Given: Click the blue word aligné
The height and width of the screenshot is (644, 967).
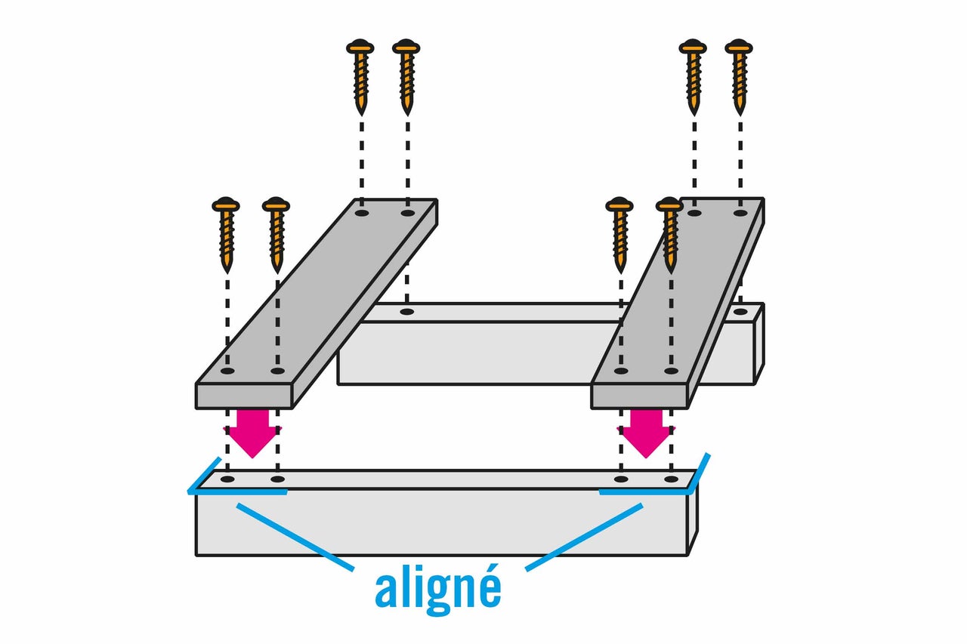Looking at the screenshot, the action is tap(438, 590).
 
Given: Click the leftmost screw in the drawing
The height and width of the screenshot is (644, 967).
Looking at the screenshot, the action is tap(226, 235).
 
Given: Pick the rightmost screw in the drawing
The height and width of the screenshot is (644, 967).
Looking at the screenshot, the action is tap(739, 78).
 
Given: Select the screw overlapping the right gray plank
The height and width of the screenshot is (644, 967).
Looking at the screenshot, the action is tap(670, 235).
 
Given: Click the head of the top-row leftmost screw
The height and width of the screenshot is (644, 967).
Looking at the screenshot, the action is tap(360, 47).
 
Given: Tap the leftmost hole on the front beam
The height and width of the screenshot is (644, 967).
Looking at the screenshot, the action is tap(227, 479).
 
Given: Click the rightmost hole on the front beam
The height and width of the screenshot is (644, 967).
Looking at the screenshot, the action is tap(671, 479).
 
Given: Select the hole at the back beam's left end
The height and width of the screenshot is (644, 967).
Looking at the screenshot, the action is tap(407, 312).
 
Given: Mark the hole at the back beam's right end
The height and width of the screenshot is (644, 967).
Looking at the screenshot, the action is tap(740, 312).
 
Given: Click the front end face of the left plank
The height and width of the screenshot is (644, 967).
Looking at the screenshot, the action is tap(244, 396).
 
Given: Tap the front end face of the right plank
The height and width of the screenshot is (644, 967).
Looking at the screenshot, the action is tap(639, 396).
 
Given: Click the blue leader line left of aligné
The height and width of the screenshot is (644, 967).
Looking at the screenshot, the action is tap(295, 537).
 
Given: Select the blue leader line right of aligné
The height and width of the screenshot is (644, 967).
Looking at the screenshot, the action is tap(584, 537).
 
